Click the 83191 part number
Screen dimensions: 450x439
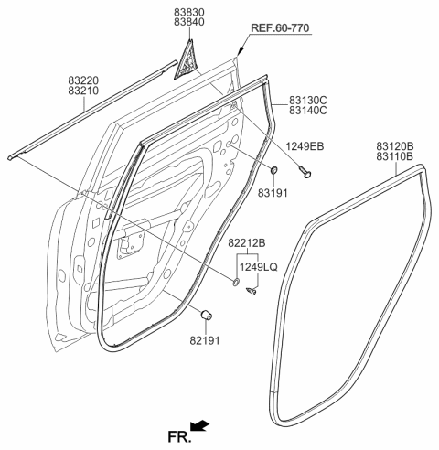(x=272, y=193)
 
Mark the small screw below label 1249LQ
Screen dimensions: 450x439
(x=250, y=290)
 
